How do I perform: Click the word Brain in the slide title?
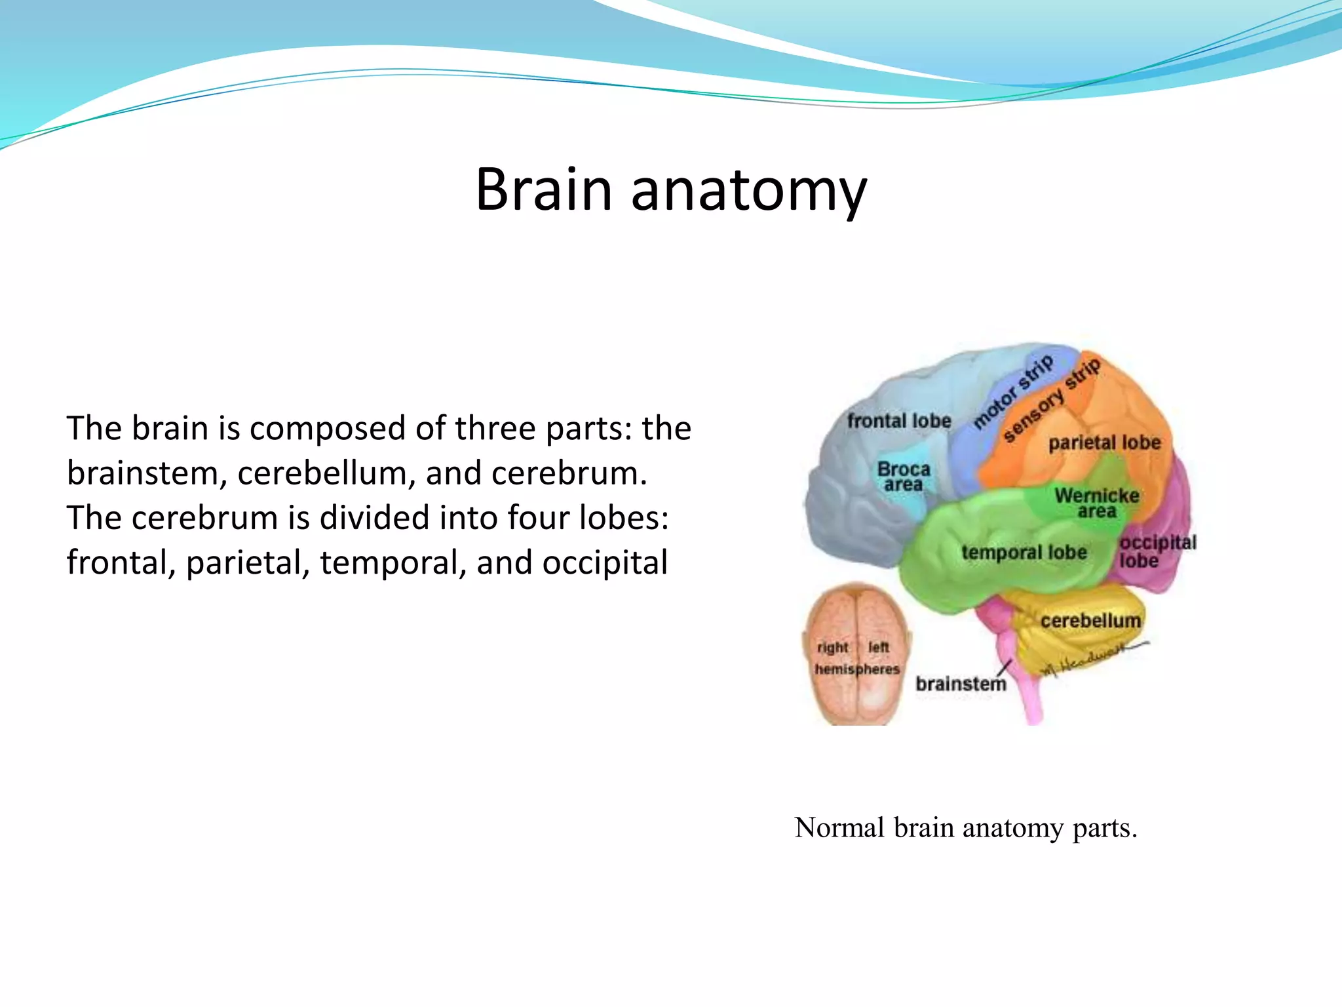tap(543, 189)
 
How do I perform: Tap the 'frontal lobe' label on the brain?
tap(898, 421)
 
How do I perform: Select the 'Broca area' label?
tap(904, 477)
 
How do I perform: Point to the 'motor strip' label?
tap(1012, 391)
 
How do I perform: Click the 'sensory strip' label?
tap(1051, 401)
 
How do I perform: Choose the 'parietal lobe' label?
tap(1104, 443)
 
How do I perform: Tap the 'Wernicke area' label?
tap(1097, 503)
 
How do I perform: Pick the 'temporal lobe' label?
tap(1024, 553)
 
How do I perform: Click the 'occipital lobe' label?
tap(1157, 551)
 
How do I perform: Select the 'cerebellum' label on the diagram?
tap(1090, 620)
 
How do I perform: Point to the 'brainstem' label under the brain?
tap(961, 684)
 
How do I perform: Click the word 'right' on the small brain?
tap(832, 648)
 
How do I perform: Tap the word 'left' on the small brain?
tap(878, 648)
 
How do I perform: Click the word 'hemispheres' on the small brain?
tap(857, 669)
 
